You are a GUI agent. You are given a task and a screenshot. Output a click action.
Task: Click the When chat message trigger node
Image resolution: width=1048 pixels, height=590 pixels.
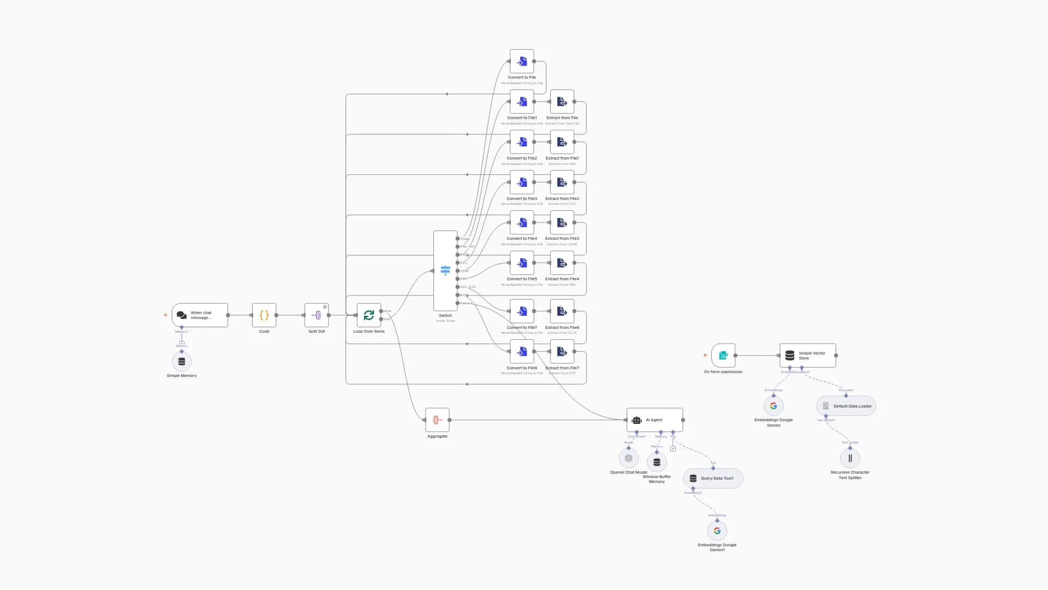pyautogui.click(x=200, y=315)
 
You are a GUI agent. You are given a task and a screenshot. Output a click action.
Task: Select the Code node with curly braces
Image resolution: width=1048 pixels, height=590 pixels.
pyautogui.click(x=264, y=315)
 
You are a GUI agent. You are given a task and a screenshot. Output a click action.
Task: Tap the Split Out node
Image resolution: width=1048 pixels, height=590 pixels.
pyautogui.click(x=317, y=315)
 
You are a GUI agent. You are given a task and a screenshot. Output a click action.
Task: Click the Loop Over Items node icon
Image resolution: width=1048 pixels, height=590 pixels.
pyautogui.click(x=369, y=315)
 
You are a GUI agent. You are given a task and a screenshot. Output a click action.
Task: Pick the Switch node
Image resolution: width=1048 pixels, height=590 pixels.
pyautogui.click(x=445, y=271)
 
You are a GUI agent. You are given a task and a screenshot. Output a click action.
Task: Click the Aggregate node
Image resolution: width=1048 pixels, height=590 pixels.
pyautogui.click(x=437, y=420)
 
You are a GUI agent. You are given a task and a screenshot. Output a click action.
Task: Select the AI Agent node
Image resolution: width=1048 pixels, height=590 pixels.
pyautogui.click(x=654, y=420)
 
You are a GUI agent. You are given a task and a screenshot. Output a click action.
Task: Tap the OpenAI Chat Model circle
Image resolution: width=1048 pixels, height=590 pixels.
pyautogui.click(x=628, y=458)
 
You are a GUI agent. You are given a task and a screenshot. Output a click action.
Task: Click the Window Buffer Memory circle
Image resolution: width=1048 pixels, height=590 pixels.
pyautogui.click(x=657, y=462)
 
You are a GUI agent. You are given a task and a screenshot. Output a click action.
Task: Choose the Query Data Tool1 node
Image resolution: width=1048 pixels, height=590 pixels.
pyautogui.click(x=713, y=479)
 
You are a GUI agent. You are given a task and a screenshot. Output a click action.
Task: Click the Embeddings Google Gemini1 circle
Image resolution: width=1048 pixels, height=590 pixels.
pyautogui.click(x=717, y=531)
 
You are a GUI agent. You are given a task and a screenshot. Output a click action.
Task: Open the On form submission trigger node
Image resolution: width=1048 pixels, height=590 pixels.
pyautogui.click(x=723, y=356)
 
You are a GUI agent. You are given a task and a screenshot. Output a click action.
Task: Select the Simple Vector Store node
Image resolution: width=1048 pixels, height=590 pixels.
pyautogui.click(x=808, y=356)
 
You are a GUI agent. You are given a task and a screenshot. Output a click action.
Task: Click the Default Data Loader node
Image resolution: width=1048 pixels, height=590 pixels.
pyautogui.click(x=846, y=406)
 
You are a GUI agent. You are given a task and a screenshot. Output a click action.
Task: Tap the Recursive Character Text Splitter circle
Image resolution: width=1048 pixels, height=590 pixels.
pyautogui.click(x=850, y=458)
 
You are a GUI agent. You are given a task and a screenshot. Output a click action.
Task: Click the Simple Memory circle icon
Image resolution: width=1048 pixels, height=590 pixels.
pyautogui.click(x=182, y=362)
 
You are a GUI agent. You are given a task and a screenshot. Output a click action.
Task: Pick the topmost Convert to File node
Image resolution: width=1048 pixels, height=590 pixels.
pyautogui.click(x=522, y=62)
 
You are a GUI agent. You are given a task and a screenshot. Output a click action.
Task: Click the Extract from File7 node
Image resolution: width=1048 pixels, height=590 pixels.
pyautogui.click(x=562, y=352)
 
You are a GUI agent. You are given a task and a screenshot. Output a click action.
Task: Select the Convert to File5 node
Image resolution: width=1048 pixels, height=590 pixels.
pyautogui.click(x=522, y=263)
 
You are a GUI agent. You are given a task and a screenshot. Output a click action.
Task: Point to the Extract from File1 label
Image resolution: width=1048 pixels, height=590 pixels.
pyautogui.click(x=562, y=158)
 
